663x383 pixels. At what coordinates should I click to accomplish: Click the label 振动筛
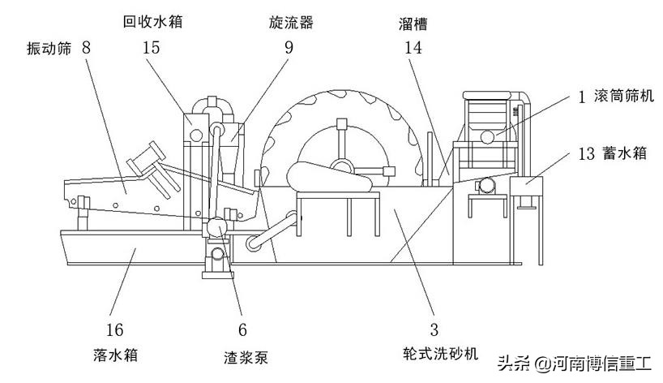[49, 49]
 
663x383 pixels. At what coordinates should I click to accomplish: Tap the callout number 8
[87, 48]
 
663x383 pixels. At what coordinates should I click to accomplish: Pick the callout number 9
[288, 48]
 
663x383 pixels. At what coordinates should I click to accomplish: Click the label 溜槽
[413, 25]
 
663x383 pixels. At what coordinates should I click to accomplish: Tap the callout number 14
[414, 48]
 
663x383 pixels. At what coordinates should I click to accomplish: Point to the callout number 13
[588, 153]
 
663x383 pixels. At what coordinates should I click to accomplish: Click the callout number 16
[115, 329]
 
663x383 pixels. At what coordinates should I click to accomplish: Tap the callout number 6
[242, 329]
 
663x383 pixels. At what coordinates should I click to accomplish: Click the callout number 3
[434, 329]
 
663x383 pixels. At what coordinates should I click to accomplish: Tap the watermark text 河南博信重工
[601, 363]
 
